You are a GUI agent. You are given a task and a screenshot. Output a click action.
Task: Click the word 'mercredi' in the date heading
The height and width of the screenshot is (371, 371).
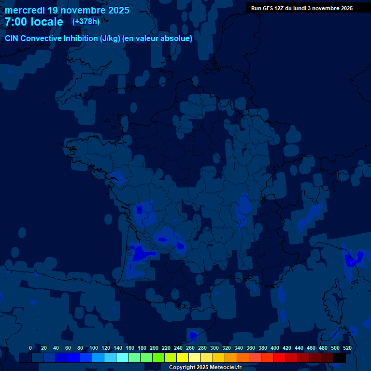click(24, 10)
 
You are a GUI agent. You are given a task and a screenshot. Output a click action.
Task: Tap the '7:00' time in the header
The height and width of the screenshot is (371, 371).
click(16, 22)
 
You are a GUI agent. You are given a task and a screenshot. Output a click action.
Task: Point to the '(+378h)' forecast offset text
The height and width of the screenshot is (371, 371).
click(86, 22)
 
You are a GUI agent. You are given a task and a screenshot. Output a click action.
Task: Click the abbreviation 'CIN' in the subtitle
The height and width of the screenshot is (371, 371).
click(12, 39)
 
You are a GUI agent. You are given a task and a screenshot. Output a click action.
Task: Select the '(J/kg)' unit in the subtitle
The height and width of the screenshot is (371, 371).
click(110, 39)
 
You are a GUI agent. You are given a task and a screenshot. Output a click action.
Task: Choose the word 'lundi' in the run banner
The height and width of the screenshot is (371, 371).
click(308, 8)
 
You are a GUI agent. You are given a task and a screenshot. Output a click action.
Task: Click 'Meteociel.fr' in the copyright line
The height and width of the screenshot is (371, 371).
click(225, 368)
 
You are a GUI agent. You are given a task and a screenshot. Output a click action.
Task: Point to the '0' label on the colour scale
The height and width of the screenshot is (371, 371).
click(30, 348)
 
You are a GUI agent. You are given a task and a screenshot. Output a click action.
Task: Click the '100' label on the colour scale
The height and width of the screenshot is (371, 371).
click(94, 348)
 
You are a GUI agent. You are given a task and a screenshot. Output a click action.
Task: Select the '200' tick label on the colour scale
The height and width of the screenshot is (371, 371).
click(154, 348)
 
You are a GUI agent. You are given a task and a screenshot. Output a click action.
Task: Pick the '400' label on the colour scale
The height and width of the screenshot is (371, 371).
click(275, 348)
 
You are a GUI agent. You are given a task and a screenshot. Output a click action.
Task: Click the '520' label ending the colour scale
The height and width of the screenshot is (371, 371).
click(347, 348)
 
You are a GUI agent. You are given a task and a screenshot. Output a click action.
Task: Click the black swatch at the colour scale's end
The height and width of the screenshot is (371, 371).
click(340, 357)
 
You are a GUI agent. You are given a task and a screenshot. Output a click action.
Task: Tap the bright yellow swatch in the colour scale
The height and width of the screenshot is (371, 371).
click(183, 357)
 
